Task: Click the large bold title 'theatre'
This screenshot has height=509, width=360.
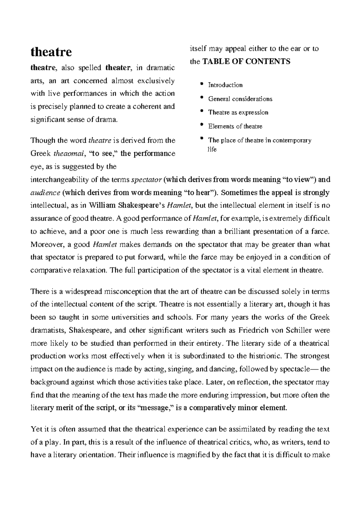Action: tap(51, 52)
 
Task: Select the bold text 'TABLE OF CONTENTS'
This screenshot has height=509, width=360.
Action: tap(246, 61)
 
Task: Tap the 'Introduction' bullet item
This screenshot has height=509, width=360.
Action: tap(225, 85)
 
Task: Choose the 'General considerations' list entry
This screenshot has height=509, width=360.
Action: tap(240, 99)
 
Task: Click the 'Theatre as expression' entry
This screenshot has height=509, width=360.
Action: tap(238, 113)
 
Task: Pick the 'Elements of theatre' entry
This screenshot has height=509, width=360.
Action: tap(235, 127)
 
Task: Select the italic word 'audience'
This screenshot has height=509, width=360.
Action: tap(45, 193)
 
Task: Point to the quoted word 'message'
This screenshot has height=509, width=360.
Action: tap(156, 408)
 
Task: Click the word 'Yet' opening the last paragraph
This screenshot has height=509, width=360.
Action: tap(37, 429)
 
